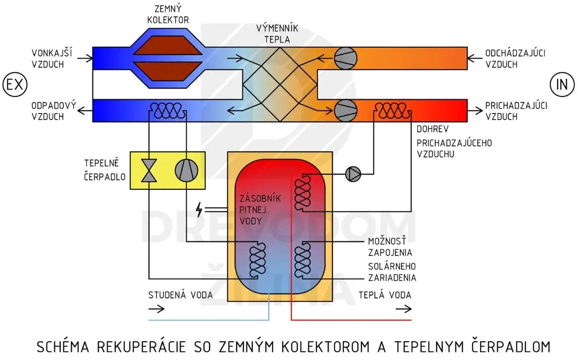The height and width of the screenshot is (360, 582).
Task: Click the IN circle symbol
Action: (x=562, y=85)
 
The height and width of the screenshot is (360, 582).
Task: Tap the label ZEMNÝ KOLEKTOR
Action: (x=167, y=15)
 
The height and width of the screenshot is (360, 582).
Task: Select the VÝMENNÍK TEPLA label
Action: (x=280, y=34)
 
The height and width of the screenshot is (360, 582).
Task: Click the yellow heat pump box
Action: (x=167, y=169)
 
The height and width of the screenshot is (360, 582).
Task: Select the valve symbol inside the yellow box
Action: (x=150, y=169)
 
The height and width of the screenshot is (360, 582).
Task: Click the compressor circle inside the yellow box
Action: (x=186, y=169)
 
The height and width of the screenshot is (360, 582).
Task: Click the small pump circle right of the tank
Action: (x=353, y=174)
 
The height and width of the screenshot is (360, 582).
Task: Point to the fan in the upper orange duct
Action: (x=346, y=58)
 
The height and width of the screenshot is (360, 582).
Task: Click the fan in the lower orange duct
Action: (x=346, y=110)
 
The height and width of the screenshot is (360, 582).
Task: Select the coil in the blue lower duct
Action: (x=167, y=111)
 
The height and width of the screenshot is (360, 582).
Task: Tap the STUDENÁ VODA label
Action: (x=181, y=295)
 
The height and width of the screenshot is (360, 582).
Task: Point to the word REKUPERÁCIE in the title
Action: (x=140, y=346)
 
